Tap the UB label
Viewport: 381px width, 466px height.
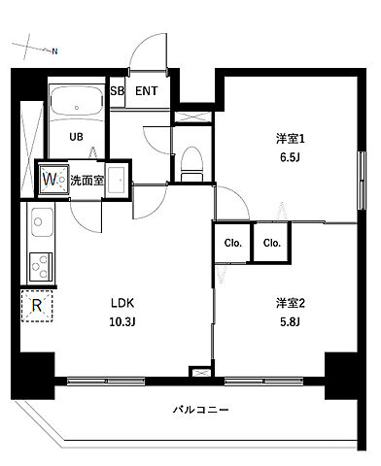point(75,137)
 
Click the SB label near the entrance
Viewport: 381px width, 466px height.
point(117,92)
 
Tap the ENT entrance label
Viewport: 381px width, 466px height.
point(147,92)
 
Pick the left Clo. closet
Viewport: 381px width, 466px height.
point(233,244)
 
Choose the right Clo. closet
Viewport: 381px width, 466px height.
point(271,244)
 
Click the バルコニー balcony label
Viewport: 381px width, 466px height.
point(201,411)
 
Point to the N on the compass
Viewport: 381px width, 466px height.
point(55,50)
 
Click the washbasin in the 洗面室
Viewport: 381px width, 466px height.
point(117,180)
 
